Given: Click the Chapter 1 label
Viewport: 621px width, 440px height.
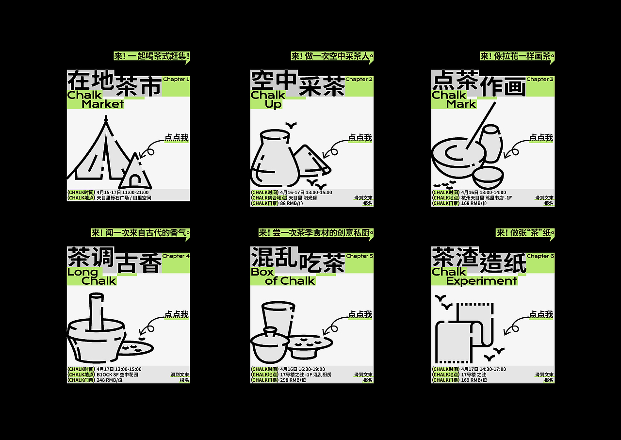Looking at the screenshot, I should coord(176,79).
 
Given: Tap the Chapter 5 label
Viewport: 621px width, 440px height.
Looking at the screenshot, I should coord(360,256).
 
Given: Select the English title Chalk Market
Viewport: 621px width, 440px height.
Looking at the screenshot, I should coord(96,99).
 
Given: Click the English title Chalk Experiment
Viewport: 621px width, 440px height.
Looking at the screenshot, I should coord(474,276).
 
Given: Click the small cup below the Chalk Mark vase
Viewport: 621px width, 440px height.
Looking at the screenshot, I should coord(488,178).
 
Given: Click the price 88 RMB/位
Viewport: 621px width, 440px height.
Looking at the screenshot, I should coord(292,203).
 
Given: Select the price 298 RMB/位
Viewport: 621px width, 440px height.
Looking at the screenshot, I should coord(293,380).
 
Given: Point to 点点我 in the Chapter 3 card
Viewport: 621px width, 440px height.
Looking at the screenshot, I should coord(541,138).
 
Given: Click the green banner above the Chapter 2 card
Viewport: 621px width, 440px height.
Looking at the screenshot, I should coord(332,56).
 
